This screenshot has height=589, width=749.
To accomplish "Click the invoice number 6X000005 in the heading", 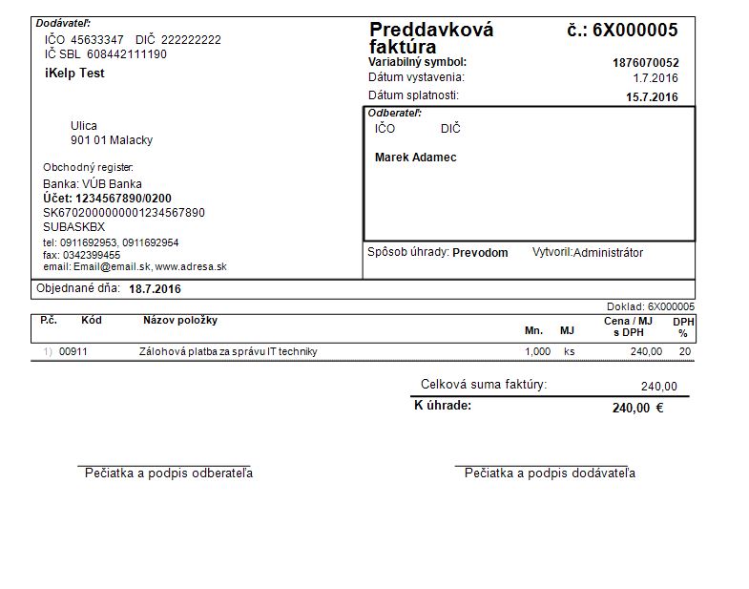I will [635, 30].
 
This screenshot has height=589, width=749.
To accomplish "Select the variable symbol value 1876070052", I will [645, 63].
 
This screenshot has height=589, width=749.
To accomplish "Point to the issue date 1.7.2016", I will [655, 78].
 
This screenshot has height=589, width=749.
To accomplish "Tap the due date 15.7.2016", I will [652, 96].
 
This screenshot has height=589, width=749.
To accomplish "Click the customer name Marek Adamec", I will [415, 158].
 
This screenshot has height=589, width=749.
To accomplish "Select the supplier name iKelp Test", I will [74, 74].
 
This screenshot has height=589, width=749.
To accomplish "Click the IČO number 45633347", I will [97, 40].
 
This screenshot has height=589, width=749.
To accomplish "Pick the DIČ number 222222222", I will [191, 40].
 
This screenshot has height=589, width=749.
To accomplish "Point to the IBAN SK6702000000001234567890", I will [124, 213].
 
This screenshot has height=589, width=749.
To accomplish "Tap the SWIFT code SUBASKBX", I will [73, 227].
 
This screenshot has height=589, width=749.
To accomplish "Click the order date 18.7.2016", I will [155, 289].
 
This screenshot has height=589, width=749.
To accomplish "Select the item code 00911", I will [73, 351].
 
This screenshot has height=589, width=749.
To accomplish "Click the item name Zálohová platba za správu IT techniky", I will [228, 351].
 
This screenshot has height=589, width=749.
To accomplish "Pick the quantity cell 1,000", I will [537, 351].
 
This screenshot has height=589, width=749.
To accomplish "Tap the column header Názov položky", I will [180, 321].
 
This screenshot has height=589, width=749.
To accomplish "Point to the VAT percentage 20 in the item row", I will [684, 351].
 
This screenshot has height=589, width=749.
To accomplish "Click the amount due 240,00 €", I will [637, 408].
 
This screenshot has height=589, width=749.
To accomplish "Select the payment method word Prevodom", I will [480, 253].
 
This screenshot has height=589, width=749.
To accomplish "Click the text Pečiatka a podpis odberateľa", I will [169, 473].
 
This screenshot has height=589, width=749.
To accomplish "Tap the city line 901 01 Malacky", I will [112, 140].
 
